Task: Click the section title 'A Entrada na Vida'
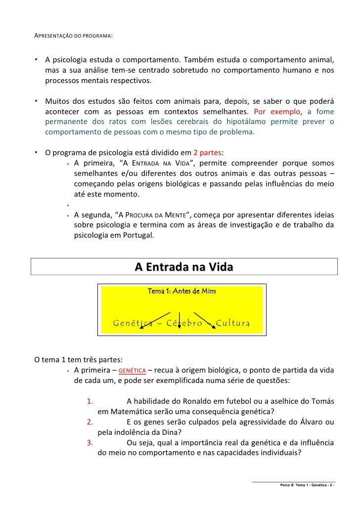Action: pyautogui.click(x=183, y=267)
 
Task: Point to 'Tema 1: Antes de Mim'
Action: pyautogui.click(x=181, y=291)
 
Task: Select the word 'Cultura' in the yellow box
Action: pyautogui.click(x=232, y=323)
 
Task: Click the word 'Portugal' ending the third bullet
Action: pyautogui.click(x=137, y=236)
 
